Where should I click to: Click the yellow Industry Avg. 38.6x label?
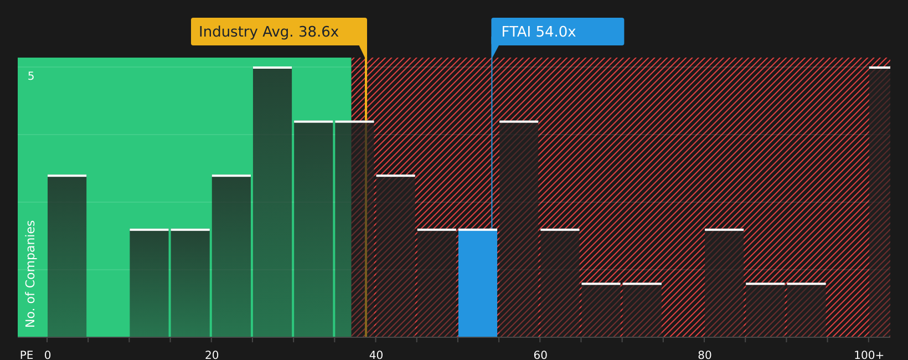278,32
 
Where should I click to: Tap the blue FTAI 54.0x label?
557,32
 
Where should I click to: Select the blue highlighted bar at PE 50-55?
478,283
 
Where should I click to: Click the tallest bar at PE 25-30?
272,202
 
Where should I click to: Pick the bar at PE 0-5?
67,256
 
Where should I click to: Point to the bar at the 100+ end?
879,202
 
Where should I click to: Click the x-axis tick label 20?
212,354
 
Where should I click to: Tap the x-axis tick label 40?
376,354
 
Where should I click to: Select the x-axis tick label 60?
540,354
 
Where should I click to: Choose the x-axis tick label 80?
705,354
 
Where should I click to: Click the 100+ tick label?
869,354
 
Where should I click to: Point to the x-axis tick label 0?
48,354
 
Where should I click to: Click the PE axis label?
27,354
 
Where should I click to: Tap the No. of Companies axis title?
30,274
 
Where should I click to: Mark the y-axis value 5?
31,76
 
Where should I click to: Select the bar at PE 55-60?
519,229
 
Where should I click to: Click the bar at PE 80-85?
724,283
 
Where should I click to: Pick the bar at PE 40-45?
395,256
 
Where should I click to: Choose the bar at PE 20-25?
231,256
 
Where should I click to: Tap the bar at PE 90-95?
806,310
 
